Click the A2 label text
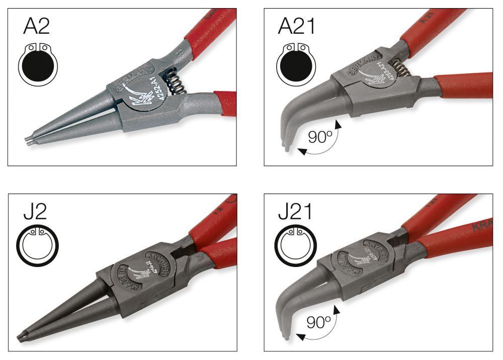pos(37,27)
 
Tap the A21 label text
pos(297,27)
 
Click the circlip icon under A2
pos(38,63)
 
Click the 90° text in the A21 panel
pos(317,137)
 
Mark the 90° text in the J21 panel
pos(317,322)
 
